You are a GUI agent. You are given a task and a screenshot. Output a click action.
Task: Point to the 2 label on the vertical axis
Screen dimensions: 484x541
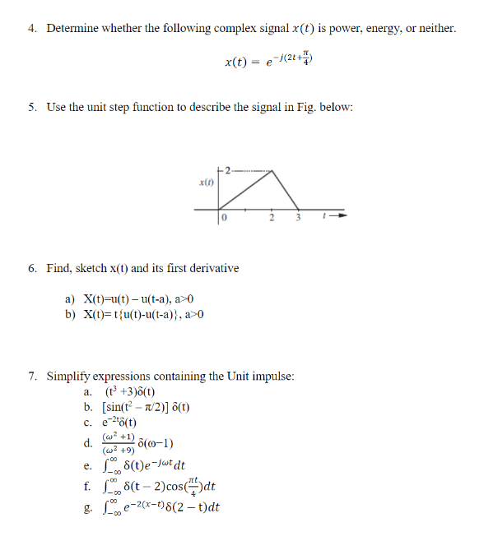(x=229, y=172)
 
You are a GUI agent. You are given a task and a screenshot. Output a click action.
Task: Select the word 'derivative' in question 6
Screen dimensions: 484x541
(x=213, y=268)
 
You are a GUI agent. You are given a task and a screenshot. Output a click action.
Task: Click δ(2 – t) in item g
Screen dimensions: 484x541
(x=185, y=508)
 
